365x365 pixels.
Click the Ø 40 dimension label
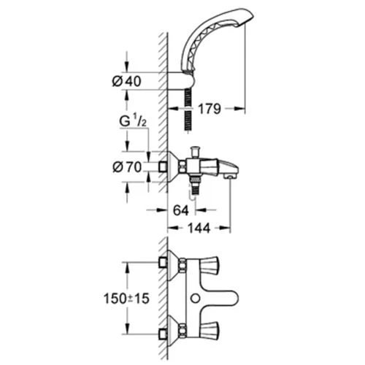(x=126, y=81)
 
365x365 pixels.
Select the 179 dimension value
(x=210, y=109)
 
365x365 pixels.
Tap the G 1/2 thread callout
(x=133, y=121)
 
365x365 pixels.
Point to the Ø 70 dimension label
(x=127, y=167)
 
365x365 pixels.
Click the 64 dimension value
(x=181, y=210)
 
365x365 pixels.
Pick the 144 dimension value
(x=199, y=228)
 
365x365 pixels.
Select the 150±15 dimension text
(x=126, y=299)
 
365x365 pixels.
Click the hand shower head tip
(x=246, y=18)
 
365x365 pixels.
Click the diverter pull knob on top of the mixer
(x=195, y=151)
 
